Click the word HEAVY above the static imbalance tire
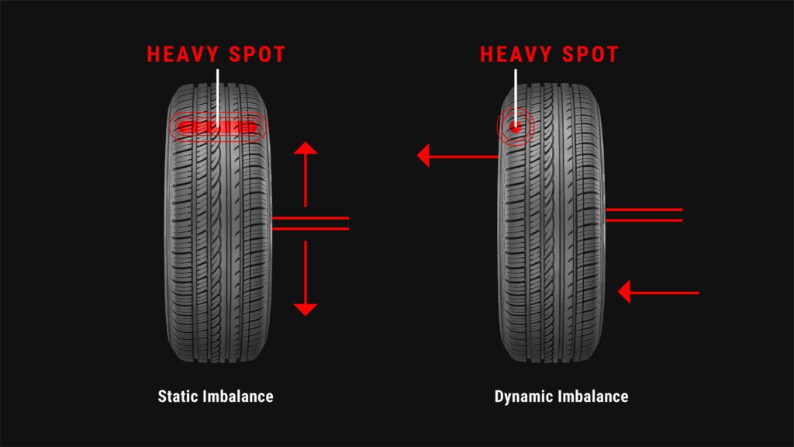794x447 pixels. click(x=182, y=54)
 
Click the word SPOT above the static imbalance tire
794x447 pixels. click(x=257, y=54)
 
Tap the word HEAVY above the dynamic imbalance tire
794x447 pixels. click(x=516, y=54)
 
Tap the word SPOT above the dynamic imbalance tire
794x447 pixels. click(x=590, y=54)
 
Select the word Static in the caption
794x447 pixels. click(x=180, y=397)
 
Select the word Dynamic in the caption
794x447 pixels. click(x=523, y=397)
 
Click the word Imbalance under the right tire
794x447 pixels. click(x=592, y=397)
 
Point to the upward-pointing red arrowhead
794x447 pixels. click(x=306, y=148)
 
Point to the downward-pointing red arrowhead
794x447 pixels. click(x=306, y=309)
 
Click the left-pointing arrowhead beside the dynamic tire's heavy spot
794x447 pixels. click(x=423, y=155)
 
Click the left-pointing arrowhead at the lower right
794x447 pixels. click(x=624, y=292)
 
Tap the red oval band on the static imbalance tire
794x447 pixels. click(x=218, y=126)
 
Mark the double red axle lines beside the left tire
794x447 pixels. click(x=310, y=223)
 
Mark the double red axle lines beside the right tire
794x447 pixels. click(x=644, y=215)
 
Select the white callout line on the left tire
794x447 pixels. click(x=218, y=98)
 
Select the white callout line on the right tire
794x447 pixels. click(x=516, y=98)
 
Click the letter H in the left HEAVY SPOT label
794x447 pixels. click(x=153, y=54)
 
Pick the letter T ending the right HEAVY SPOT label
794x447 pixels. click(x=613, y=54)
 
